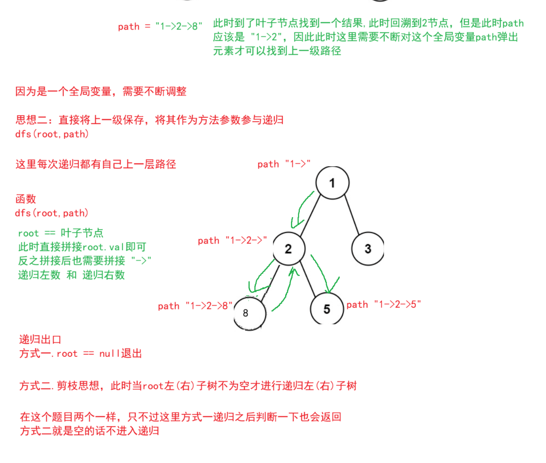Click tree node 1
[332, 183]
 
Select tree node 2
[289, 249]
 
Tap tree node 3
[368, 249]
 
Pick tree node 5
[327, 309]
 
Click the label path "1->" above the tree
[284, 164]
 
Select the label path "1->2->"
[232, 241]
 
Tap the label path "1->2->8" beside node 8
[195, 306]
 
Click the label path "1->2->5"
[383, 304]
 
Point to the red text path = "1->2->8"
[160, 27]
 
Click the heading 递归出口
[40, 340]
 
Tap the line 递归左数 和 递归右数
[71, 275]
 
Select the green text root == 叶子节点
[61, 233]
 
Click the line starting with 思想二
[149, 120]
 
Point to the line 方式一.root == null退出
[80, 354]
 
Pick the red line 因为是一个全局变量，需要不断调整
[101, 92]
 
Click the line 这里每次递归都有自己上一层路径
[96, 165]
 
